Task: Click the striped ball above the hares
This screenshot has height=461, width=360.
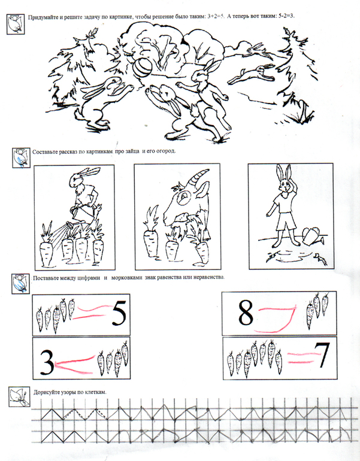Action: pos(143,67)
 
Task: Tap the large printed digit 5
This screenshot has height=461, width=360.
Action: pos(119,314)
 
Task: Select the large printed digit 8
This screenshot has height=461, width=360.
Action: pos(246,313)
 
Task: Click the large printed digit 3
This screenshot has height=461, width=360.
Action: pos(47,362)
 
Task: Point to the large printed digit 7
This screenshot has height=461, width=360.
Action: pos(323,355)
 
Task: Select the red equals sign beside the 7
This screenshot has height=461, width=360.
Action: pos(303,358)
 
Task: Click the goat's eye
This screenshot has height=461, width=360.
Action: pos(185,195)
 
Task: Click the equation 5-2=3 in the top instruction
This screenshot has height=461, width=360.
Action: pos(286,16)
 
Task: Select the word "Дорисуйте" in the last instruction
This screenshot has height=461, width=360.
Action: pos(47,392)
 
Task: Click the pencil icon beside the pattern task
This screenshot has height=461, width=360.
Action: pos(19,396)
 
